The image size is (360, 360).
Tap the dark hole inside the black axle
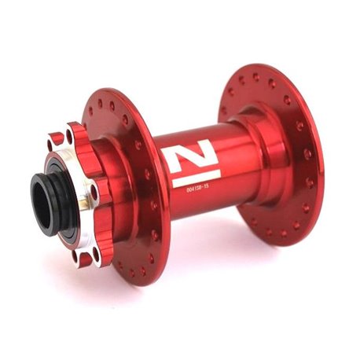39,202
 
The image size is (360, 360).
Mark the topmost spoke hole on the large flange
255,77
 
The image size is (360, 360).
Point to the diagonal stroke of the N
191,156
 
